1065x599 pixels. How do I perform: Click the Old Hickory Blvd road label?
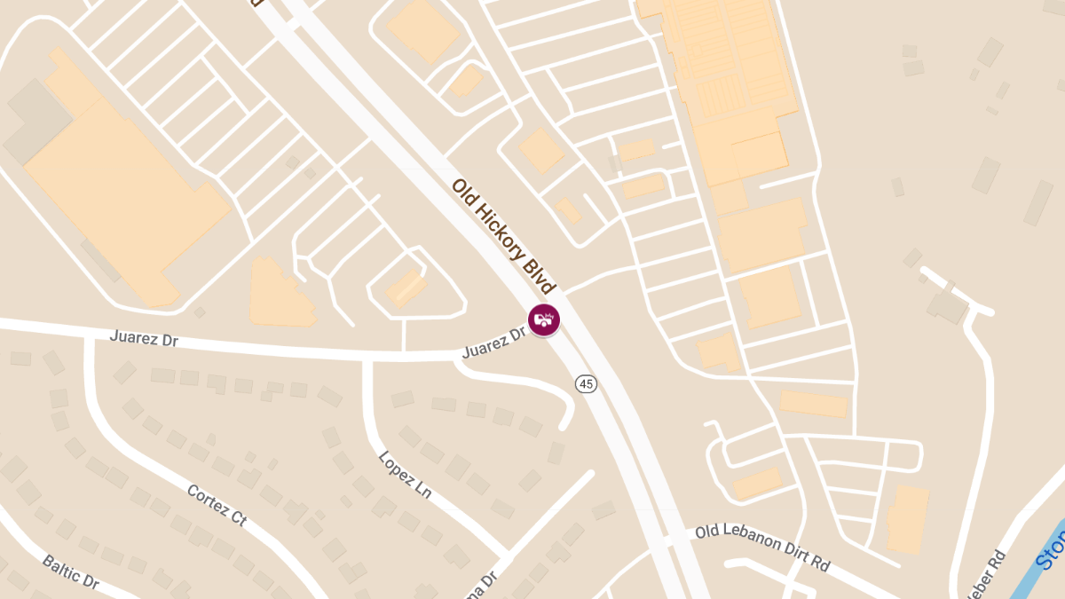(x=503, y=236)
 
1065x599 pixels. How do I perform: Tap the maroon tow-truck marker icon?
(x=543, y=319)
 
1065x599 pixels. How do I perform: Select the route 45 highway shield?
(x=585, y=383)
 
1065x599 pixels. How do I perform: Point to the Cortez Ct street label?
(x=217, y=506)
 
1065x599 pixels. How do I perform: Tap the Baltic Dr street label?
(x=70, y=572)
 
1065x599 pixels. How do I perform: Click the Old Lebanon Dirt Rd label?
(x=762, y=547)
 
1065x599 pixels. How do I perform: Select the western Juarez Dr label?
(x=145, y=338)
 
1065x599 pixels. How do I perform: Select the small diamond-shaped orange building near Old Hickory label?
(x=540, y=151)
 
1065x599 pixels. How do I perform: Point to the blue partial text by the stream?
(x=1053, y=550)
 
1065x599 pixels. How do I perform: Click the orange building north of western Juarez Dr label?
(x=280, y=294)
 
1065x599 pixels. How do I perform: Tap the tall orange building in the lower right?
(x=908, y=519)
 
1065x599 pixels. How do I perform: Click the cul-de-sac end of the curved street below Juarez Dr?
(x=563, y=424)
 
